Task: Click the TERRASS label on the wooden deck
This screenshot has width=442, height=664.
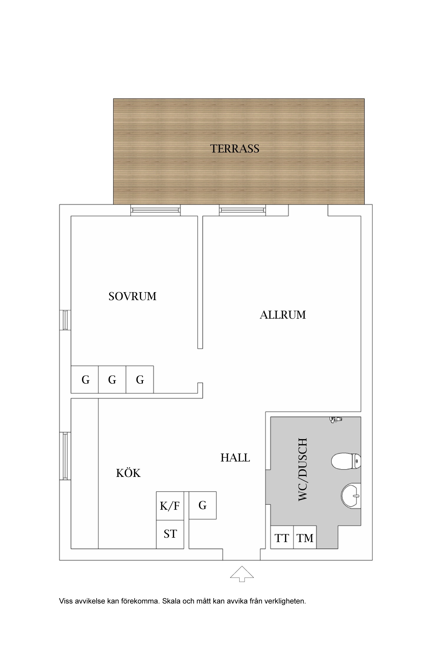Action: [235, 148]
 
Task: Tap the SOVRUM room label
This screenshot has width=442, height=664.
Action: [132, 296]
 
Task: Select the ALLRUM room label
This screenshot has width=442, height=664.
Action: [283, 315]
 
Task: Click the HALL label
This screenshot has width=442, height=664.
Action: [235, 458]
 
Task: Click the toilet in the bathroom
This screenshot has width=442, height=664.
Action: [346, 461]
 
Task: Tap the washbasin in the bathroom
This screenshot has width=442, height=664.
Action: [351, 496]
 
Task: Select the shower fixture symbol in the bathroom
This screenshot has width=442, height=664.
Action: [336, 419]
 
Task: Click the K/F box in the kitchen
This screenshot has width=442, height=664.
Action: [170, 506]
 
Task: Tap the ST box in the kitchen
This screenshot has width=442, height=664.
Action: [170, 534]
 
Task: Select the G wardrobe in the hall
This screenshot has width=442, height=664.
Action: [202, 505]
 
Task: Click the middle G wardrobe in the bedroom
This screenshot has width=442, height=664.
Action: [112, 380]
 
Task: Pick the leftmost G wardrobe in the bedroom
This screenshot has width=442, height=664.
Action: [85, 380]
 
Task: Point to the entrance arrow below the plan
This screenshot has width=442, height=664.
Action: [242, 574]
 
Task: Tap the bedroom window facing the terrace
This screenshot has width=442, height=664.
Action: [156, 210]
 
